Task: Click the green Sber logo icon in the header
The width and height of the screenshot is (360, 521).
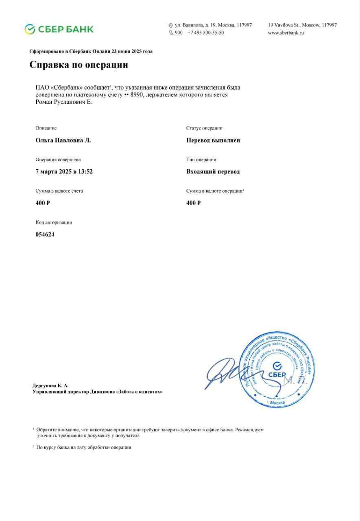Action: click(30, 29)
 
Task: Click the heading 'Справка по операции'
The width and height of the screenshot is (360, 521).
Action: click(79, 65)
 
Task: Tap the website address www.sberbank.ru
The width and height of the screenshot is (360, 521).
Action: click(286, 33)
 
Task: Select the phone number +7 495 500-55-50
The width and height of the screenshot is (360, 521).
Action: click(205, 33)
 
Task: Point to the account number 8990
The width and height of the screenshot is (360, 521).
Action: click(137, 94)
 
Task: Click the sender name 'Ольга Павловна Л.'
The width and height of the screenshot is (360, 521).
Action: click(63, 140)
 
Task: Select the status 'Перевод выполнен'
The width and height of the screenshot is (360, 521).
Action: click(213, 140)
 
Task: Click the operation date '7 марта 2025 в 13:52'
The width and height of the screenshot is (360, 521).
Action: click(64, 172)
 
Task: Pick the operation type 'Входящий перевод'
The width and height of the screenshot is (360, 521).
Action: click(213, 172)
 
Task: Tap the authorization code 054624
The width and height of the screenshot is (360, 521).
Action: click(45, 234)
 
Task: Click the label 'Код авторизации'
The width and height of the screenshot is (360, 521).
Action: click(54, 223)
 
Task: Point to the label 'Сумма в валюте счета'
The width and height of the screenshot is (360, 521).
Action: click(59, 191)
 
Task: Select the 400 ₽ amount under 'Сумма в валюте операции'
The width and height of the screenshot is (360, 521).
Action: click(193, 203)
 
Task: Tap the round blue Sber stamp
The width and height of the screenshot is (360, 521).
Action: click(277, 370)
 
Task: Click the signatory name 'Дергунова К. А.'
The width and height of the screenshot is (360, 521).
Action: click(50, 385)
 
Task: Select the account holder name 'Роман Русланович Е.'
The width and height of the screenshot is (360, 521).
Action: click(64, 102)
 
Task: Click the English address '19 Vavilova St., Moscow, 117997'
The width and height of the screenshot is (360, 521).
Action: click(302, 25)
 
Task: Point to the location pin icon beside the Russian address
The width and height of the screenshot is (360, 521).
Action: click(171, 26)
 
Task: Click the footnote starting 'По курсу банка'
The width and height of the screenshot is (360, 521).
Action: click(84, 447)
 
